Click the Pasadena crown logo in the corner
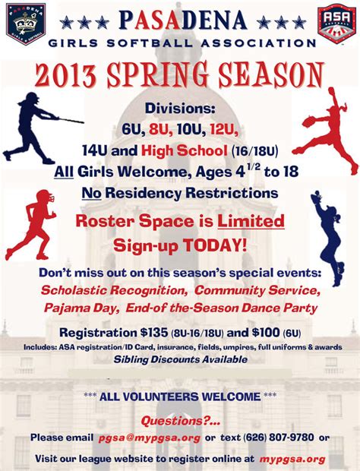(x=26, y=23)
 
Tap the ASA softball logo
(x=336, y=24)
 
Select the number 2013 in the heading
(x=65, y=74)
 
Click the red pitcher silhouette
(x=327, y=131)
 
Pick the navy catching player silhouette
(x=328, y=237)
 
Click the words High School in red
(x=184, y=150)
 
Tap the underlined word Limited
(x=251, y=221)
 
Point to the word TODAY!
(x=215, y=245)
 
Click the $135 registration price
(x=154, y=333)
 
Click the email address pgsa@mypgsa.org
(x=149, y=438)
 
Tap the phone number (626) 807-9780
(x=279, y=438)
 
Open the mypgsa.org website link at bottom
(x=292, y=460)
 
